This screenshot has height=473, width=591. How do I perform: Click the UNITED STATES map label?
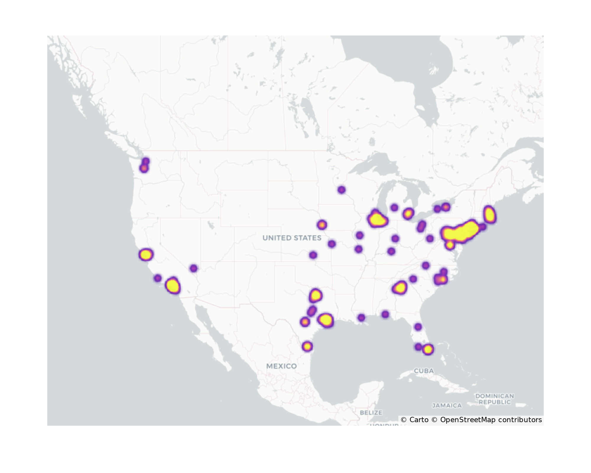point(292,238)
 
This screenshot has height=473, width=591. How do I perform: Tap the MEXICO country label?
point(281,366)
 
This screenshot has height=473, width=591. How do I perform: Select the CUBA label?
point(424,371)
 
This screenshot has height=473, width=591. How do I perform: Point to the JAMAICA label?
point(447,406)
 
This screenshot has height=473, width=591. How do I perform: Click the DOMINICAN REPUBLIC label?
point(495,399)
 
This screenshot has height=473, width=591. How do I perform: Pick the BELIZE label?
point(371,412)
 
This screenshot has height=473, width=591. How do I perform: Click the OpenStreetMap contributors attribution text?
point(491,420)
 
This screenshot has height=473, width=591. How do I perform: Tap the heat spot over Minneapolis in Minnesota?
point(341,190)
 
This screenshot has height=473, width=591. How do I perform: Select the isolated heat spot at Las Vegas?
point(194,268)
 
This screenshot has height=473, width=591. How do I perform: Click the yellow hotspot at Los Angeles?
point(173,286)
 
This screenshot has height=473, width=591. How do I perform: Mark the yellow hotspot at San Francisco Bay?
point(146,255)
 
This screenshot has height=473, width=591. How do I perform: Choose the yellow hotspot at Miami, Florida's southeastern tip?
point(428,349)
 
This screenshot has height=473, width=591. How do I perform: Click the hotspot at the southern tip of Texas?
point(307,346)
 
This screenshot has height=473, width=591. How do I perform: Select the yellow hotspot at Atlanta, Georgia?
point(400,288)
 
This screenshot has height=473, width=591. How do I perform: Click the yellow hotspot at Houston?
point(326,320)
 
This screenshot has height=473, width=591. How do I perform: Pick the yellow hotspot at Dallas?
point(316,295)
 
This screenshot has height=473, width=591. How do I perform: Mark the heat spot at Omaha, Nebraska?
point(322,225)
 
